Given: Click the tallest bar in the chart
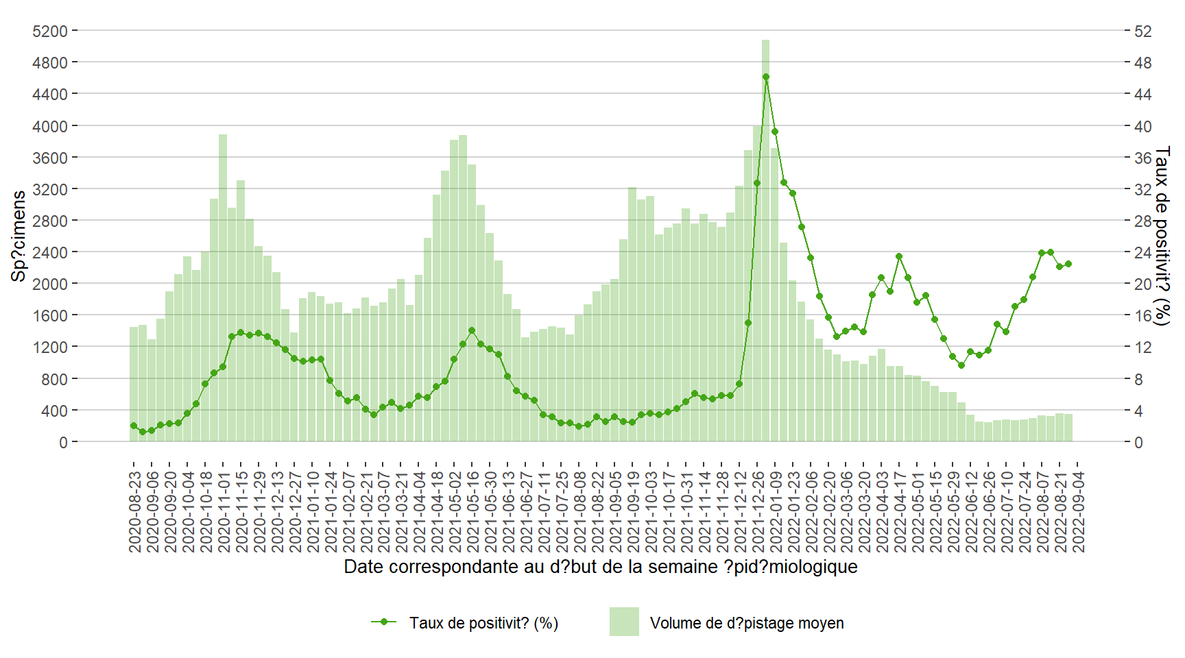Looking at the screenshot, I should click(765, 240).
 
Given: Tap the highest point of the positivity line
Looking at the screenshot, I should click(766, 77).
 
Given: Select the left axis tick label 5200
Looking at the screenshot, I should click(50, 31).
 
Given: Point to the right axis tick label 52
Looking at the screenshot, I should click(1143, 31).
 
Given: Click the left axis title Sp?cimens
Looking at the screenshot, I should click(19, 236).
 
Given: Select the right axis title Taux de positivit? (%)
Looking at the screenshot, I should click(1162, 236).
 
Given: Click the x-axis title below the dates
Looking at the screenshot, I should click(600, 567).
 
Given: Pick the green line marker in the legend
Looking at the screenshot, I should click(384, 622).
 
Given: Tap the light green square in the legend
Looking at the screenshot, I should click(624, 622).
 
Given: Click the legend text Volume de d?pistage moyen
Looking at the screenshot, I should click(747, 623).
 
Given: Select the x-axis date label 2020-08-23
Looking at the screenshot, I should click(135, 511).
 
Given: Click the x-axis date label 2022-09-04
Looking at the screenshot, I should click(1079, 511).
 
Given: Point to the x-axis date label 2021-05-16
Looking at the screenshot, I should click(473, 511).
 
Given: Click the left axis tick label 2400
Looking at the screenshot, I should click(50, 252).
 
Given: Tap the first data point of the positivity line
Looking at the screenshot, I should click(134, 426).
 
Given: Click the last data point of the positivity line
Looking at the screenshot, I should click(1068, 264).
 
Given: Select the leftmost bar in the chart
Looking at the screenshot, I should click(134, 384).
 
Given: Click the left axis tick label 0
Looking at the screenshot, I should click(63, 442).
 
